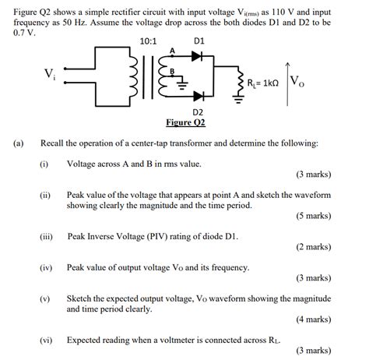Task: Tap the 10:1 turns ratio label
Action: click(x=147, y=40)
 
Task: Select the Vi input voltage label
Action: click(x=49, y=74)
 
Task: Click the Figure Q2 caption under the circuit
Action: click(x=185, y=123)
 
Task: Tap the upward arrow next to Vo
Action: click(x=286, y=77)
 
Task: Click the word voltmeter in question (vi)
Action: click(x=184, y=340)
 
